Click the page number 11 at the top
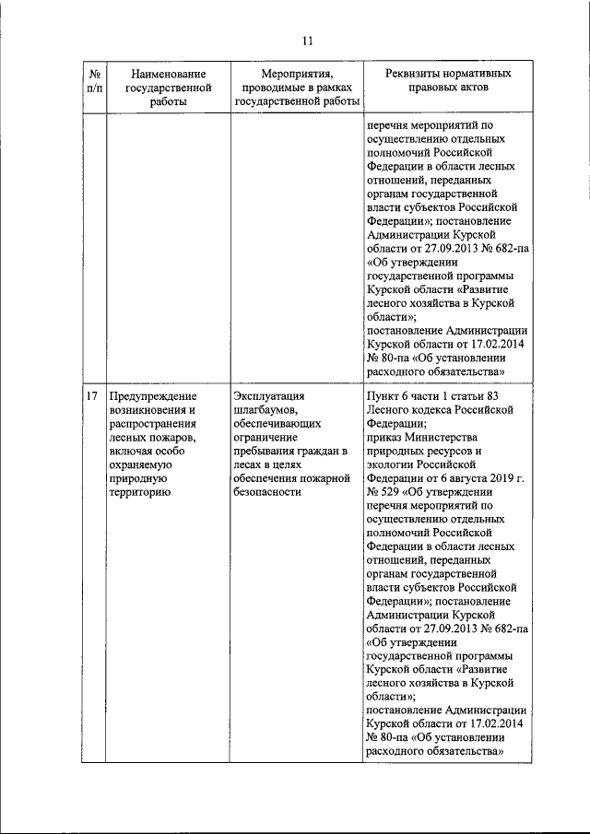coord(307,40)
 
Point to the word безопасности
coord(268,492)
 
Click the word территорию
coord(138,492)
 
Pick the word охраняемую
coord(143,464)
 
